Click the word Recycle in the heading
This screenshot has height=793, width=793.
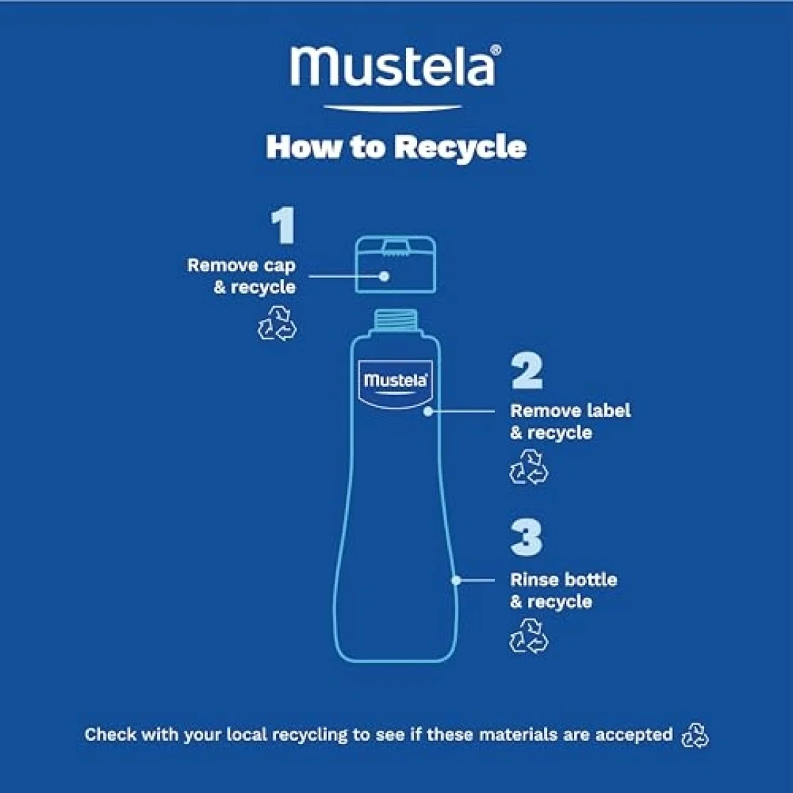[460, 147]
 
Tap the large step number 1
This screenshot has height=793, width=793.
[283, 225]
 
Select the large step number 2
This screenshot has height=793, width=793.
[527, 372]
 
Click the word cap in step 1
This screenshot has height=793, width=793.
[280, 266]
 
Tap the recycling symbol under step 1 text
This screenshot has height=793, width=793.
[277, 322]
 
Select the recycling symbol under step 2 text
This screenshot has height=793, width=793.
[529, 467]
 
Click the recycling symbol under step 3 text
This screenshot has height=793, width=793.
[529, 636]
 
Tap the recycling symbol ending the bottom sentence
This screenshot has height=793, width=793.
[695, 735]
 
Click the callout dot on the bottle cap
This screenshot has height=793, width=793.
[384, 276]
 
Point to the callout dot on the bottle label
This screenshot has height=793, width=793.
[428, 411]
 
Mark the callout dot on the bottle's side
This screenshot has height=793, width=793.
[456, 581]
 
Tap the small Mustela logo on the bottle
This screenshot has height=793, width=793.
[396, 380]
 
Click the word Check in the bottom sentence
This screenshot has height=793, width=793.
[110, 734]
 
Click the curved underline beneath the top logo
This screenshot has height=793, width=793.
[392, 108]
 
